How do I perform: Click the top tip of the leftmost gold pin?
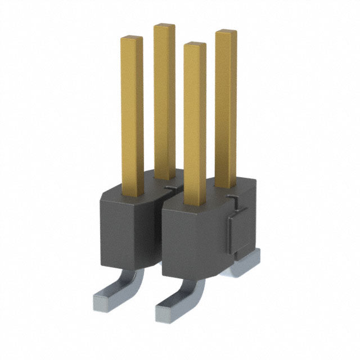coord(132,39)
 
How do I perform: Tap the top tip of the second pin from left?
coord(164,26)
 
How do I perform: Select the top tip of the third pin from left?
coord(195,45)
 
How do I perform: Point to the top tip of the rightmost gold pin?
coord(226,32)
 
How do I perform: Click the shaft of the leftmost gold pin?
coord(132,112)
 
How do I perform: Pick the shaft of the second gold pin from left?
coord(164,101)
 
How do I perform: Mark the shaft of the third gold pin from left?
coord(195,124)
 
